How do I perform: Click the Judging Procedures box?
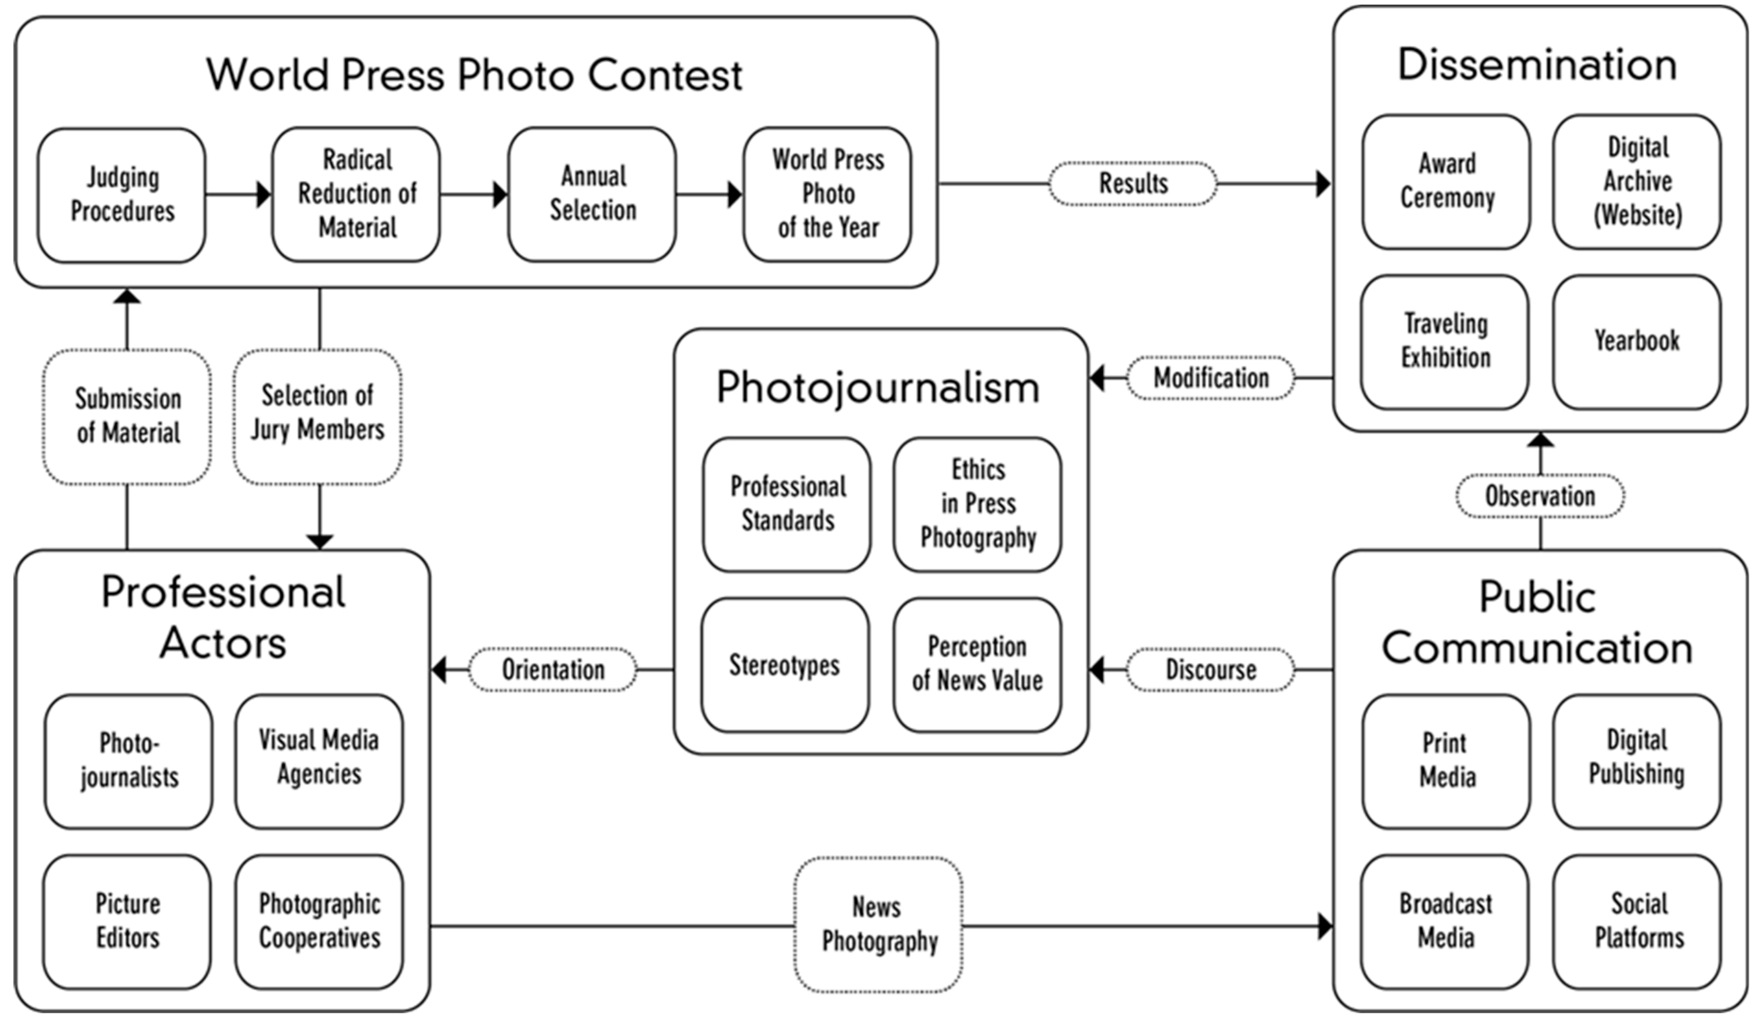click(x=121, y=194)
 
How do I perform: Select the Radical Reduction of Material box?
click(x=356, y=194)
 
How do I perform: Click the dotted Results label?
click(x=1133, y=184)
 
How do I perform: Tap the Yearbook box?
click(x=1637, y=342)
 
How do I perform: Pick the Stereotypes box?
click(x=785, y=664)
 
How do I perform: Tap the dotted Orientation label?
click(x=553, y=670)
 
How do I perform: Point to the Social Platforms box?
click(x=1637, y=921)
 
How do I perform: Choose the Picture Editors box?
click(x=127, y=921)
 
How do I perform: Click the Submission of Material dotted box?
click(x=127, y=416)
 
